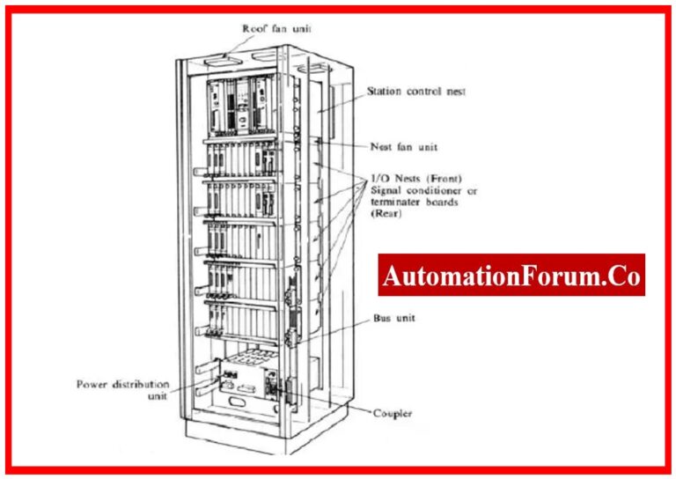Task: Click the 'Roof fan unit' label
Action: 276,28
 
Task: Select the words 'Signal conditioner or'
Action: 425,189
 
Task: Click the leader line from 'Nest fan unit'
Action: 343,144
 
